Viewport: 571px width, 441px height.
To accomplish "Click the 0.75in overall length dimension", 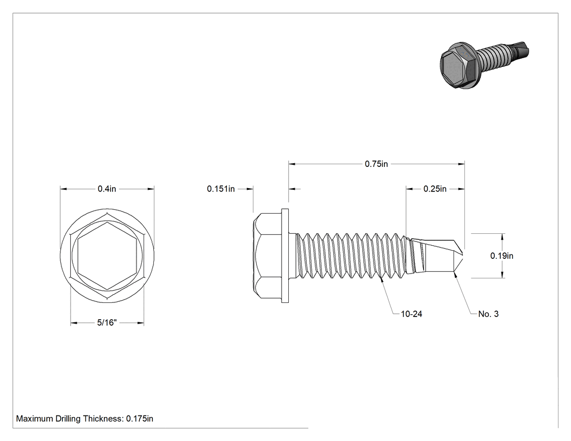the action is [x=376, y=164].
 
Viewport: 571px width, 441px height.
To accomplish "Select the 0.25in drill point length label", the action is [x=435, y=189].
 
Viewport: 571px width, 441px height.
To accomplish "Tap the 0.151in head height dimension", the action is [x=221, y=189].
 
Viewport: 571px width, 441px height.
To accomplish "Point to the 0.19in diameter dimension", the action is [x=502, y=256].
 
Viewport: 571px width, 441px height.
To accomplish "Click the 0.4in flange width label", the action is [x=107, y=189].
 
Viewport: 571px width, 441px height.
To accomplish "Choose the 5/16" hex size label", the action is [x=107, y=322].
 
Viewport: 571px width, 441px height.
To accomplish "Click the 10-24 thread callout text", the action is [x=412, y=314].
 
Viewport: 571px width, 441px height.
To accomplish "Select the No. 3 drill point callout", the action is [x=488, y=314].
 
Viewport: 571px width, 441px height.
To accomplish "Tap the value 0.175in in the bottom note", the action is [x=140, y=418].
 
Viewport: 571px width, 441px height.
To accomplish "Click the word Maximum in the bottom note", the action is [x=35, y=418].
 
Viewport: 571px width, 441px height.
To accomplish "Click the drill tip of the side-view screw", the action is [x=462, y=255].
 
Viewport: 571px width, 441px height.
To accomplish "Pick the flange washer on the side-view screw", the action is [x=285, y=256].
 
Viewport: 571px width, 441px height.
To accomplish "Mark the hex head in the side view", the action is [x=268, y=256].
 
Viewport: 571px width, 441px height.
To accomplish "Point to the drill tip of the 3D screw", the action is [x=522, y=51].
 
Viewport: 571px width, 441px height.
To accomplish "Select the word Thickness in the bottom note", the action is [x=103, y=418].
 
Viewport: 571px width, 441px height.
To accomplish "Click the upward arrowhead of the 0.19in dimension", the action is [x=503, y=237].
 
